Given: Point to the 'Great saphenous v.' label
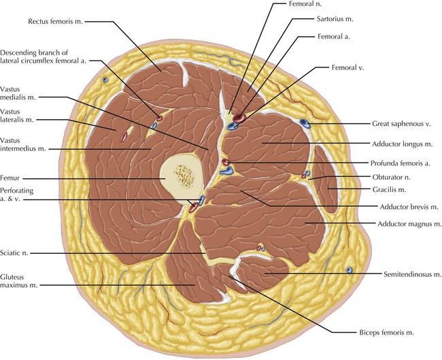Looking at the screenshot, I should tap(402, 125).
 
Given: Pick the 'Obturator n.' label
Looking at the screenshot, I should tap(397, 176).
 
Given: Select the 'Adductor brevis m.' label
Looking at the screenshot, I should tap(403, 206).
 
